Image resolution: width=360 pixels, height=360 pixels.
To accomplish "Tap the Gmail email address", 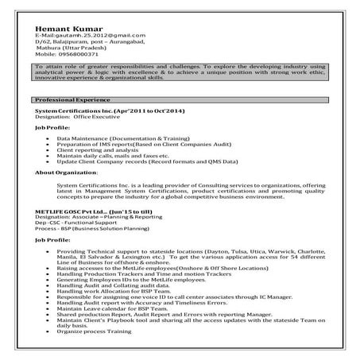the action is (90, 37).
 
